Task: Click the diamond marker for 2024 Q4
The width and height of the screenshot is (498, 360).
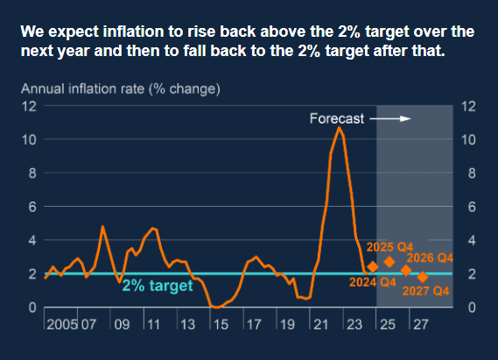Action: pyautogui.click(x=373, y=267)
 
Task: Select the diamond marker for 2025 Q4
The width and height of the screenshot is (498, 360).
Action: pyautogui.click(x=389, y=262)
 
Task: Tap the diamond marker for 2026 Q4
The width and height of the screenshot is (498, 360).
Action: pyautogui.click(x=406, y=271)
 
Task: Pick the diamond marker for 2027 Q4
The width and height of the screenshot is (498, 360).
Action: pyautogui.click(x=423, y=277)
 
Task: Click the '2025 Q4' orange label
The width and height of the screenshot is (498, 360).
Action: pyautogui.click(x=389, y=247)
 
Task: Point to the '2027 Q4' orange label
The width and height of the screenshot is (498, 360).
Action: pyautogui.click(x=426, y=291)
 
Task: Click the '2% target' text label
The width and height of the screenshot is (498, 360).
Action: pyautogui.click(x=158, y=286)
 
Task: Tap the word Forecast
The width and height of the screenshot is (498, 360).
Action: pyautogui.click(x=337, y=118)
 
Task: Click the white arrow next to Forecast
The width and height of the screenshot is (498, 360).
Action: pyautogui.click(x=390, y=119)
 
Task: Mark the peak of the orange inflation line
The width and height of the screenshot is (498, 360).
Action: pyautogui.click(x=340, y=127)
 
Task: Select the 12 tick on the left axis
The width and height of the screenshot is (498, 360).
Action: pyautogui.click(x=29, y=106)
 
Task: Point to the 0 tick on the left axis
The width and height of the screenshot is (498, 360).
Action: pyautogui.click(x=32, y=307)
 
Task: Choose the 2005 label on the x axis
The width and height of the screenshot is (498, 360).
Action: pyautogui.click(x=62, y=324)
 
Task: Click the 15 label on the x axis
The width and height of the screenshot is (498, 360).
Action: pyautogui.click(x=221, y=324)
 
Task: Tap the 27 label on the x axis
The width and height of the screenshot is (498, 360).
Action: pyautogui.click(x=421, y=324)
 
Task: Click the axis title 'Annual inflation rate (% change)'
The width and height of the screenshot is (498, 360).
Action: pyautogui.click(x=121, y=89)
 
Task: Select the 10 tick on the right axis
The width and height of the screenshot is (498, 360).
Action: pyautogui.click(x=468, y=139)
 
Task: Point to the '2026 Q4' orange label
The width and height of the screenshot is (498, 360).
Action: pyautogui.click(x=430, y=258)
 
